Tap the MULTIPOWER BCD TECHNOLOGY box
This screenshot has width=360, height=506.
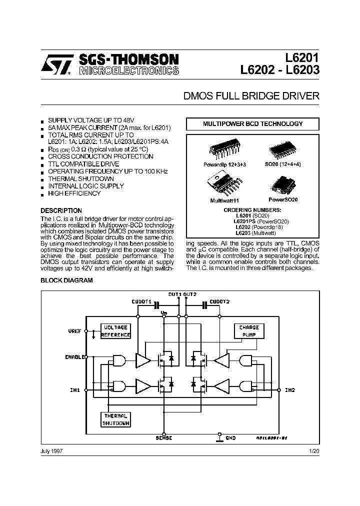coord(252,123)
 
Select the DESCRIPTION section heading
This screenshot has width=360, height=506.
coord(61,210)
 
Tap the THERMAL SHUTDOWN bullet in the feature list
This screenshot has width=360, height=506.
coord(80,178)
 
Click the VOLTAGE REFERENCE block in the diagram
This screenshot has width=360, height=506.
coord(115,331)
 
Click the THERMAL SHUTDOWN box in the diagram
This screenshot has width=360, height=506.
coord(115,419)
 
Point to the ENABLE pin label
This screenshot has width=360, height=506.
coord(75,357)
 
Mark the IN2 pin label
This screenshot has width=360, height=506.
coord(290,389)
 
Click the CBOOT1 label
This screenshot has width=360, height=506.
coord(141,302)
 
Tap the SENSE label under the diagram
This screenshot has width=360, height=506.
coord(163,438)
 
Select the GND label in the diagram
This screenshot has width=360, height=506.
coord(230,438)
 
